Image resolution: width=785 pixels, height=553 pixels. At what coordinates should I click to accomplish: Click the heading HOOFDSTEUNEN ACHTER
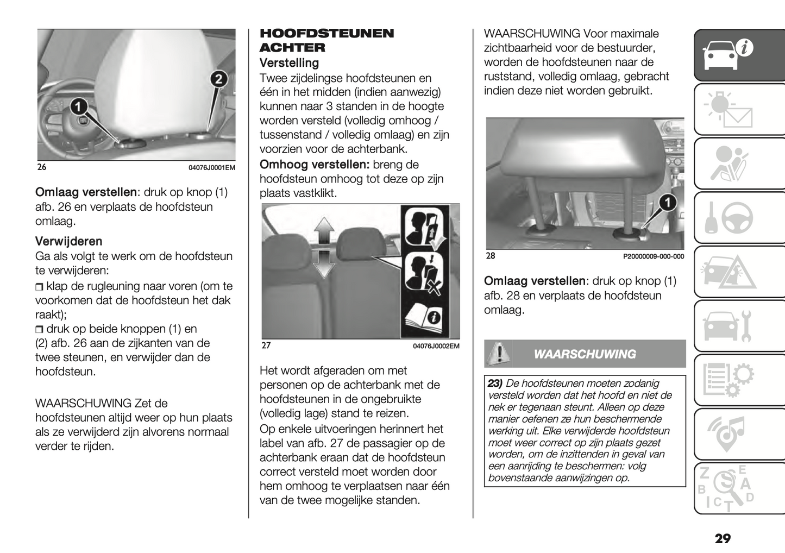click(326, 40)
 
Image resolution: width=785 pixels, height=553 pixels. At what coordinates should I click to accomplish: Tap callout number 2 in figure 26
click(218, 79)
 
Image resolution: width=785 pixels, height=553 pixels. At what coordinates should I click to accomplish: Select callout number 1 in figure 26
click(78, 105)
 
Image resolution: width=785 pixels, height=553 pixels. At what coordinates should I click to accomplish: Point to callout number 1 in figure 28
click(667, 203)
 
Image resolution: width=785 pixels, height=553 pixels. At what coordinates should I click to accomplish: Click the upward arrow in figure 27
click(324, 229)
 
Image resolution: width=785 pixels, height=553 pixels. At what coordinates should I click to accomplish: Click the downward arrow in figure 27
click(324, 263)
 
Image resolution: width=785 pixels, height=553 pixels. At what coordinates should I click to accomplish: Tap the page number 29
click(723, 538)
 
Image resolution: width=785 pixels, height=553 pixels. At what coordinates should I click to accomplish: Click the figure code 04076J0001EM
click(211, 168)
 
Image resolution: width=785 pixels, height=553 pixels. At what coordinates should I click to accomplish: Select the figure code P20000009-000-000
click(653, 256)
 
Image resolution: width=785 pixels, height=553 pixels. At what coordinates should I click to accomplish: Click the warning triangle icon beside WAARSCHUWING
click(498, 354)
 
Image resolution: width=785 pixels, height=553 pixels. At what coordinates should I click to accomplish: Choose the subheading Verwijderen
click(68, 241)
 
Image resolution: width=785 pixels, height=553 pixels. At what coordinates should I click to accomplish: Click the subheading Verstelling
click(289, 63)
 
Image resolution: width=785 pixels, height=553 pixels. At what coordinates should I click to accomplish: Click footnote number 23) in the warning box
click(495, 384)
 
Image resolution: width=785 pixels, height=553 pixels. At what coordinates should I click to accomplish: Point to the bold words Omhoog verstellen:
click(315, 165)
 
